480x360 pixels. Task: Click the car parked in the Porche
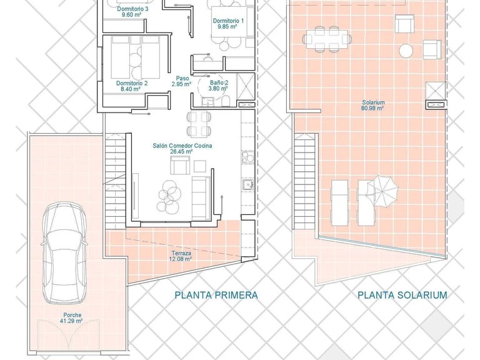point(64,252)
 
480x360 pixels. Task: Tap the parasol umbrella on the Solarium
point(382,191)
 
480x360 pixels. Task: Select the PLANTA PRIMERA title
point(216,295)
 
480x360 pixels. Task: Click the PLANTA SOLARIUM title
point(402,295)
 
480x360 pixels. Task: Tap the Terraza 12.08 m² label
point(181,256)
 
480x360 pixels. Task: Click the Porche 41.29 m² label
point(72,317)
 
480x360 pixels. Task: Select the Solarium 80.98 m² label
point(373,105)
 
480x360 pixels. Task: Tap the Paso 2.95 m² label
point(182,81)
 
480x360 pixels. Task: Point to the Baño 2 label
point(219,82)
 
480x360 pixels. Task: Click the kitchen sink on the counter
point(247,185)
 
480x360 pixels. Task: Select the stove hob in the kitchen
point(247,157)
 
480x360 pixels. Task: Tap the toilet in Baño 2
point(226,101)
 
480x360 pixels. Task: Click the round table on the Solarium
point(406,51)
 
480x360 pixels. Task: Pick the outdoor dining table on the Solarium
point(327,39)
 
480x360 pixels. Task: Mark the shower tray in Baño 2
point(246,87)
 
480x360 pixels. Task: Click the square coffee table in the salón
point(200,166)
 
